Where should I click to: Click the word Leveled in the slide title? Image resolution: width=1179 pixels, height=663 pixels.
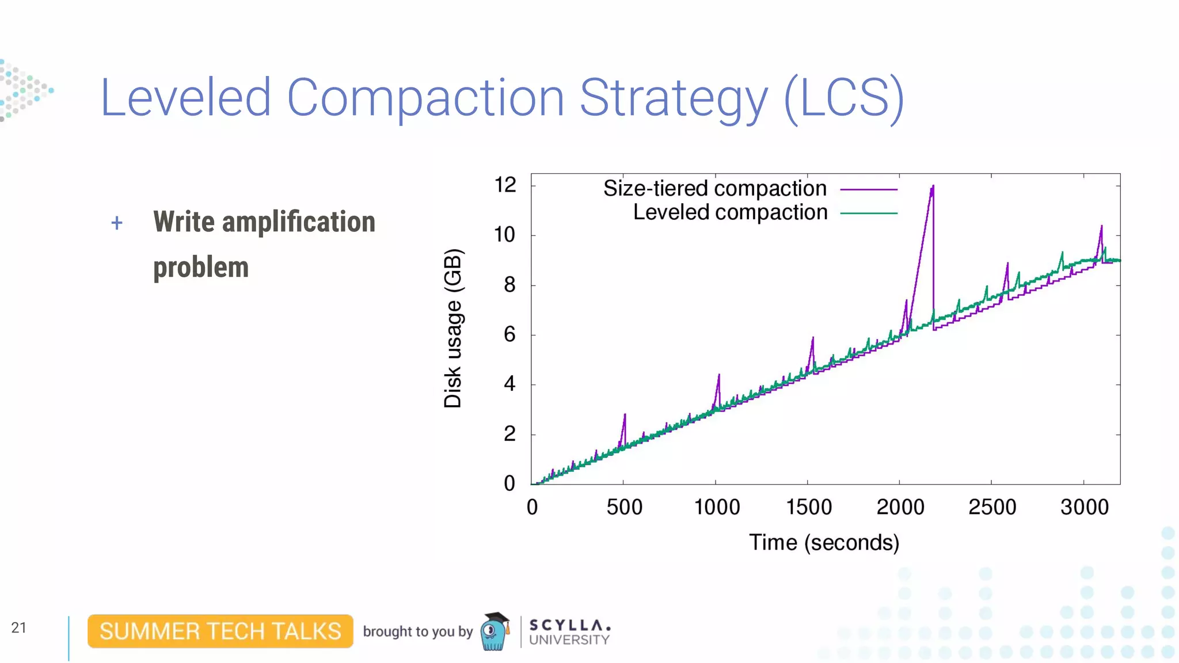click(x=185, y=98)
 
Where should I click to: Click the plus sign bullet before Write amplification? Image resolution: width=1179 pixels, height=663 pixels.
click(x=117, y=223)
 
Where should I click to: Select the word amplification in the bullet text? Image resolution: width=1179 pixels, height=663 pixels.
click(x=299, y=222)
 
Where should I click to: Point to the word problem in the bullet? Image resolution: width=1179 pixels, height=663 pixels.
click(x=201, y=268)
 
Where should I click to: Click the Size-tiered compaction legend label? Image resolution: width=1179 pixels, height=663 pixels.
click(x=714, y=189)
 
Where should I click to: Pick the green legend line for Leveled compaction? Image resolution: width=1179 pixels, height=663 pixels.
click(x=869, y=214)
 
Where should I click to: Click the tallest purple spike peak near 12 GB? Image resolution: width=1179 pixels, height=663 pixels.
click(x=933, y=187)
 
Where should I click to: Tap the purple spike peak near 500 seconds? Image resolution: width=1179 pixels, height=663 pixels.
click(x=625, y=415)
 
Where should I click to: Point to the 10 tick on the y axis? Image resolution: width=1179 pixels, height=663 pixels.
click(x=505, y=235)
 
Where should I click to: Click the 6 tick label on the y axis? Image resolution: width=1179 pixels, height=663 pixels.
click(x=509, y=334)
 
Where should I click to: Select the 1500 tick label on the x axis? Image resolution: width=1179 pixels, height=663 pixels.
click(x=808, y=507)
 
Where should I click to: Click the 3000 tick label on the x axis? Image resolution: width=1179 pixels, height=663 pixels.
click(x=1084, y=507)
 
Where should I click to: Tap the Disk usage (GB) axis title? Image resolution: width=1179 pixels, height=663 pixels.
click(x=453, y=328)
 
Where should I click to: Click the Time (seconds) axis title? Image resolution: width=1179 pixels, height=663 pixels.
click(x=824, y=543)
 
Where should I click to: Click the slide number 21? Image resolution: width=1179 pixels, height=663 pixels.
click(x=19, y=628)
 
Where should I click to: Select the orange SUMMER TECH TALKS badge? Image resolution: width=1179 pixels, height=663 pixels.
click(x=220, y=631)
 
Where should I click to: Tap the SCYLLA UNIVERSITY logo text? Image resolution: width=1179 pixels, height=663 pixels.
click(x=569, y=632)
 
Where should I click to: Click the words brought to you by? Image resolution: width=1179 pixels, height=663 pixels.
click(x=417, y=632)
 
